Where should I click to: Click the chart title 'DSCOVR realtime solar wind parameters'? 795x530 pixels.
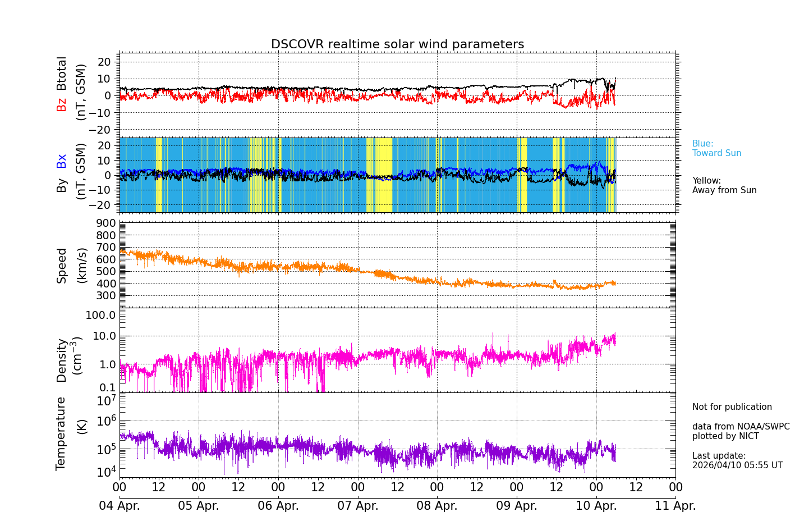[397, 44]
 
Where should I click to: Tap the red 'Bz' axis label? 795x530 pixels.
[62, 105]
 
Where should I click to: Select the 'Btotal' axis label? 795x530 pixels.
[62, 74]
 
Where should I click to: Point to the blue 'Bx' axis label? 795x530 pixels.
[62, 161]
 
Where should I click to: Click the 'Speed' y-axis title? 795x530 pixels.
[62, 266]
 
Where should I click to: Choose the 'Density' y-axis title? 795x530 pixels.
[62, 360]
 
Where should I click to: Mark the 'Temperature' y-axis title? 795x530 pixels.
[61, 433]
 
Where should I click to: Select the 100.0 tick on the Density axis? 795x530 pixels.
[100, 315]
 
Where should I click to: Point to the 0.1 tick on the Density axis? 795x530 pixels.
[108, 387]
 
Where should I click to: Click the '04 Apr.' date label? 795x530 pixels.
[120, 506]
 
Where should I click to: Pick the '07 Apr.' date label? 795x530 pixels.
[358, 506]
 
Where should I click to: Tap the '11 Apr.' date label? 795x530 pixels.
[675, 506]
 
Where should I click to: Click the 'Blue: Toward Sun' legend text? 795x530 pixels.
[716, 149]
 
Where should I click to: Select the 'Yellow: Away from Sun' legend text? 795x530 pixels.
[724, 186]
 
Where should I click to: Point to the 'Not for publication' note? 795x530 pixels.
[732, 407]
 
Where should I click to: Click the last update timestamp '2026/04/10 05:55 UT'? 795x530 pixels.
[737, 465]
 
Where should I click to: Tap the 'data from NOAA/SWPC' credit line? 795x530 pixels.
[741, 427]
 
